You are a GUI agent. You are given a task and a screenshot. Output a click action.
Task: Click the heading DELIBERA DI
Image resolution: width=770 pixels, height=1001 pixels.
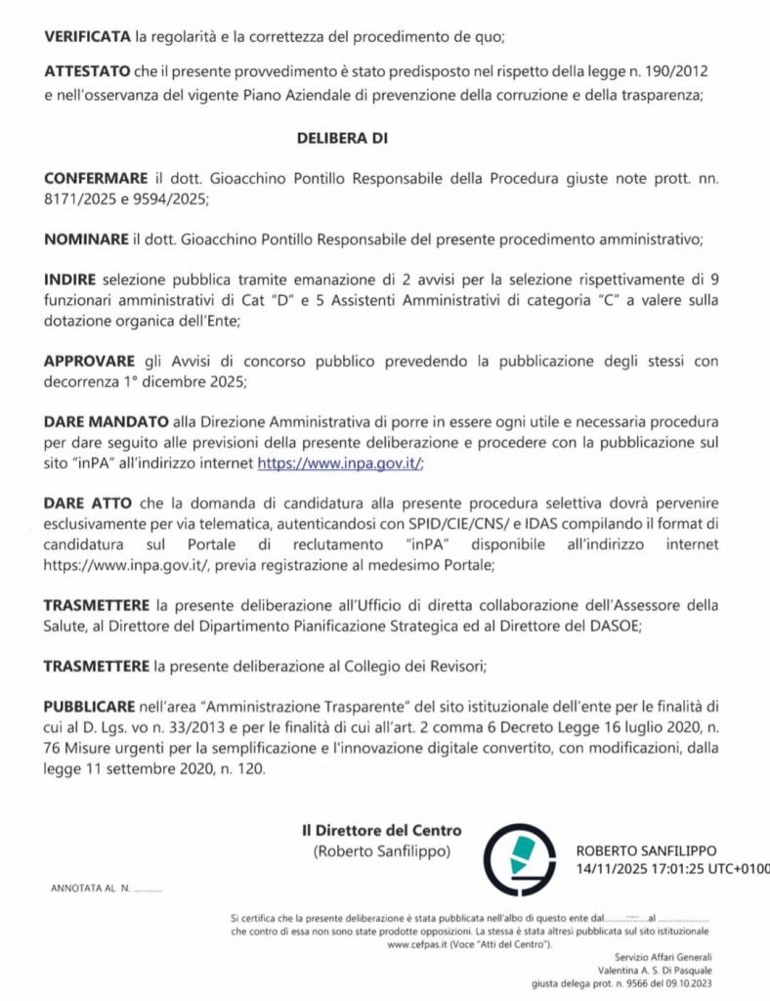pos(342,138)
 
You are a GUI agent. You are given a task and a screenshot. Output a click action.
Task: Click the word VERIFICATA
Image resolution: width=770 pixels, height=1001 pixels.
pos(87,37)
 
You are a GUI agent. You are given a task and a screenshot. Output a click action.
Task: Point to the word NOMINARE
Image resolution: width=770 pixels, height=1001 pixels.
pos(86,239)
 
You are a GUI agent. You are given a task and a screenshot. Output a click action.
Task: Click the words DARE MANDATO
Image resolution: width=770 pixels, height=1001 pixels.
pos(107,421)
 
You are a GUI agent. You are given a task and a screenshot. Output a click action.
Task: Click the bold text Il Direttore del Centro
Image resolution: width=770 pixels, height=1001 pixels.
pos(381,831)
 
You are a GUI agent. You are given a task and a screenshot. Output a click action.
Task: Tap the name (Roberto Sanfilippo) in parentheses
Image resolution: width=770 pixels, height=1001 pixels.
pos(382,851)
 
